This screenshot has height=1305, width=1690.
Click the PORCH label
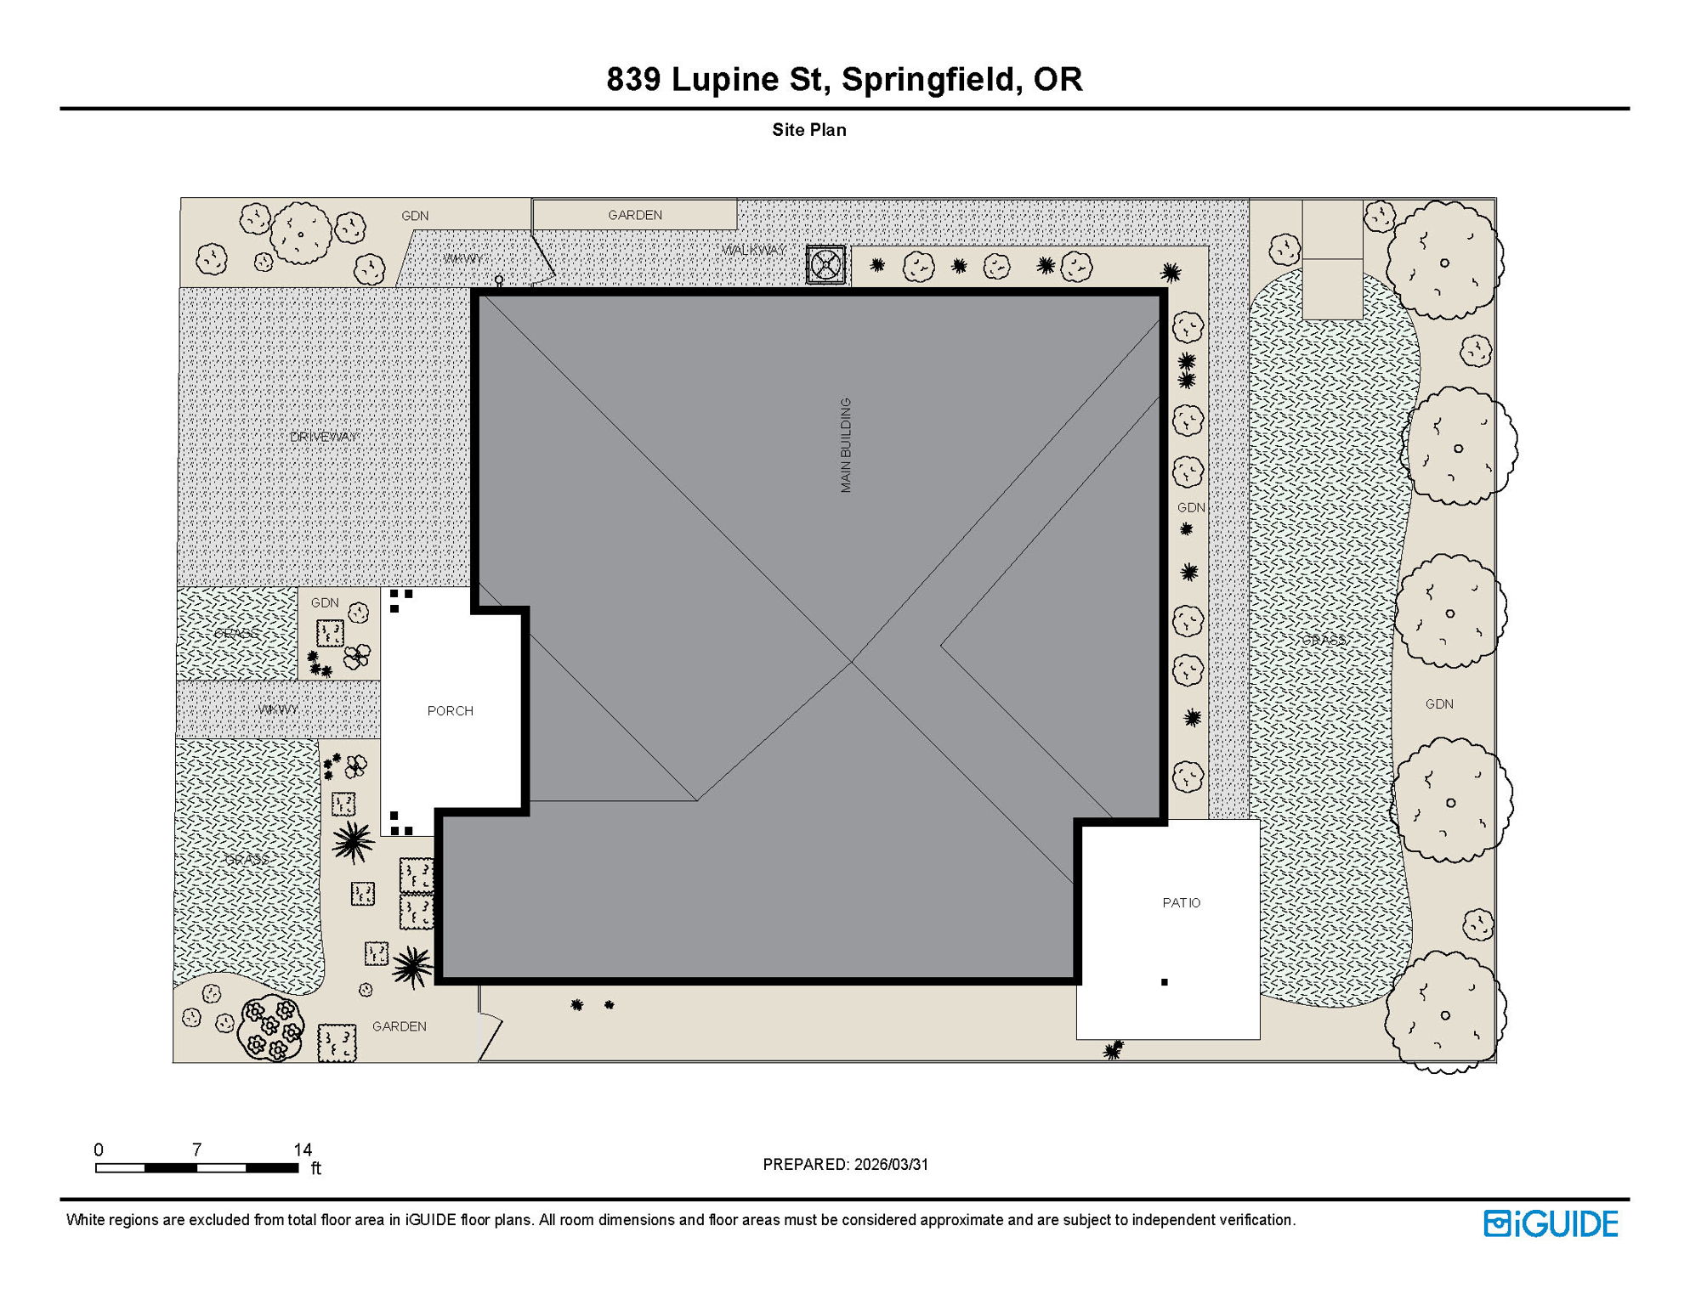click(450, 711)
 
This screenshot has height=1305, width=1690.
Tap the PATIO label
click(1181, 903)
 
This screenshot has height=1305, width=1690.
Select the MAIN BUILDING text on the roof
click(846, 445)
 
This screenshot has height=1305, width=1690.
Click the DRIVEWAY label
click(323, 437)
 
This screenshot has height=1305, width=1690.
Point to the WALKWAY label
click(753, 250)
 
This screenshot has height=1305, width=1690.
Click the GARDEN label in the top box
click(634, 215)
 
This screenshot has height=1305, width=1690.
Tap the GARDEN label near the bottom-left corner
click(399, 1026)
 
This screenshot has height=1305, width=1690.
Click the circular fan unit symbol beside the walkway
click(826, 265)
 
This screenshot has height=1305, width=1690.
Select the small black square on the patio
click(1164, 982)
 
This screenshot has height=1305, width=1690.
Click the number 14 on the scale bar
click(303, 1150)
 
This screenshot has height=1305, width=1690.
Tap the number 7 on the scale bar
click(196, 1150)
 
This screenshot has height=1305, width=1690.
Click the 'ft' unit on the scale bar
click(316, 1168)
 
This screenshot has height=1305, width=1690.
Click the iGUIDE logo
click(1551, 1224)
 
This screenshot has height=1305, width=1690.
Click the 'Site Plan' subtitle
click(808, 130)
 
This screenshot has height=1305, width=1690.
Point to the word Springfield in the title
click(931, 79)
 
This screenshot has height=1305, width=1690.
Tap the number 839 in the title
click(633, 79)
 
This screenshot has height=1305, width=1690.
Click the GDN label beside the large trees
click(1438, 704)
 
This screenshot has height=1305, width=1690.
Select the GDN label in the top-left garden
click(415, 216)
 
